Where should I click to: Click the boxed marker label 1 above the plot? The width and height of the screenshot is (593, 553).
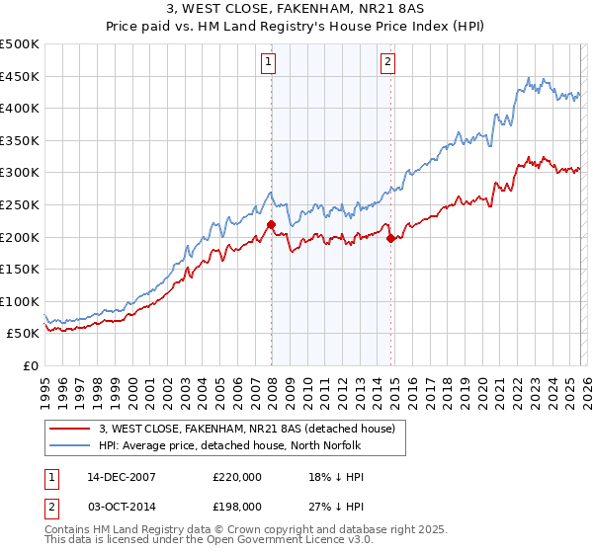coord(268,62)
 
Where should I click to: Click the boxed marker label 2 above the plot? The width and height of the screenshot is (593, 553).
coord(387,62)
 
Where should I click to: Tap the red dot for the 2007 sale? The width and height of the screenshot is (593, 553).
coord(271,225)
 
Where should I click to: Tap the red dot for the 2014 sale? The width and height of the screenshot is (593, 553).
coord(390,239)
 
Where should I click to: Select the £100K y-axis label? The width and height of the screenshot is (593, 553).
coord(20,301)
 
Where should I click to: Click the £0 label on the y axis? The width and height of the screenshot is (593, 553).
coord(30,365)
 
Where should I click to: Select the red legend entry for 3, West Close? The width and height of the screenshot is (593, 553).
coord(247,429)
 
